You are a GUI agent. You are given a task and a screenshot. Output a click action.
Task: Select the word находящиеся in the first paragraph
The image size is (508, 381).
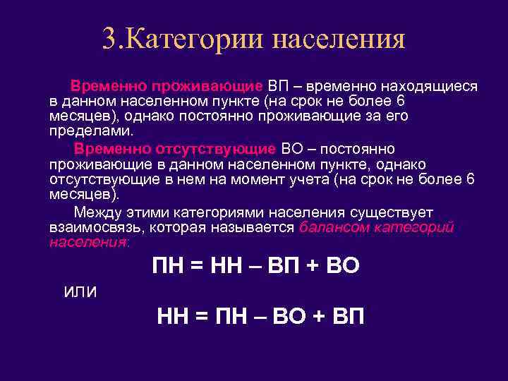(x=430, y=86)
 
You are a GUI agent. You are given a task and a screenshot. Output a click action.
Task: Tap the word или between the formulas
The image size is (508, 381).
(x=80, y=291)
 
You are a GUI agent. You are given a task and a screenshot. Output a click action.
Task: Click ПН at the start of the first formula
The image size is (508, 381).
(x=168, y=266)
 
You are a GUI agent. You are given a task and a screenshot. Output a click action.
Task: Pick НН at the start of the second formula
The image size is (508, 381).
(x=173, y=317)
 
